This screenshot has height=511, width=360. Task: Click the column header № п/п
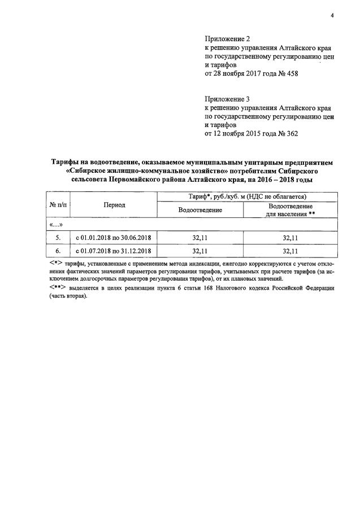[58, 205]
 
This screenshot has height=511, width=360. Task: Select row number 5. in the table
[58, 238]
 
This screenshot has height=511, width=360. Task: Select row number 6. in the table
[58, 251]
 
